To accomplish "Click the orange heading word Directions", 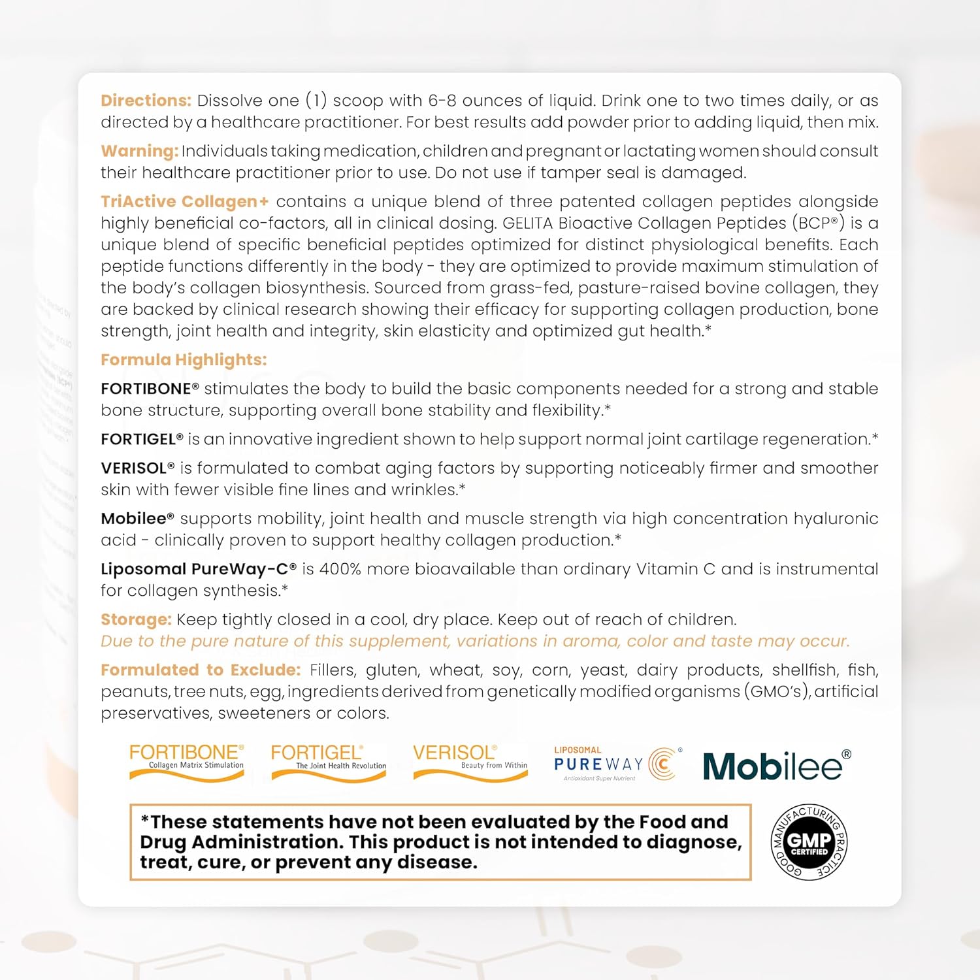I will [x=146, y=101].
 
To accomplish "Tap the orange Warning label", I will [x=139, y=151].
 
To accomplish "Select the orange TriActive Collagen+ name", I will [x=184, y=201].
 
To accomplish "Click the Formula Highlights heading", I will [x=184, y=360].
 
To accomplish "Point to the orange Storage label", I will [x=136, y=619].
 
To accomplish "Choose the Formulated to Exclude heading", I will [x=201, y=670].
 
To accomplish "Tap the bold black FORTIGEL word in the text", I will [x=139, y=439].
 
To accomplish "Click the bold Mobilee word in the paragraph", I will [x=135, y=519].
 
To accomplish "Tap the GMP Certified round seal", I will [x=809, y=842].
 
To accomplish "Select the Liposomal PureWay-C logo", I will [x=617, y=764].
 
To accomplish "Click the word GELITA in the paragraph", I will [x=528, y=223].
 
